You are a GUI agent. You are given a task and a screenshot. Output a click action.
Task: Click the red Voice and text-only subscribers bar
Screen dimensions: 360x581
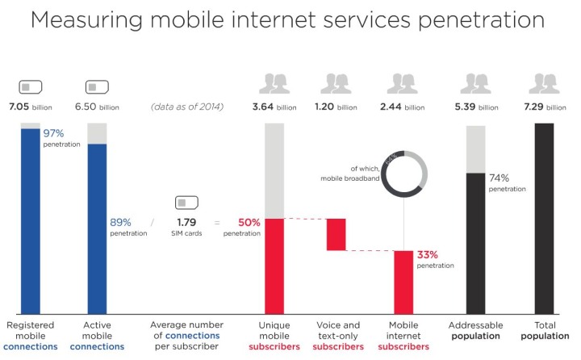coord(336,234)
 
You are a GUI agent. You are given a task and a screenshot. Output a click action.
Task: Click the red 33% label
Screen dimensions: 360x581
coord(428,254)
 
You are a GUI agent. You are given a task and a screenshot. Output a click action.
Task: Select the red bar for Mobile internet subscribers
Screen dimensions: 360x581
coord(403,282)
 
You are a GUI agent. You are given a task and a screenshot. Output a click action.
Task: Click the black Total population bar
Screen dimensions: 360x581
coord(544,218)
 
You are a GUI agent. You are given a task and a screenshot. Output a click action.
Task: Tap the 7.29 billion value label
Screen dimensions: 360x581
coord(545,107)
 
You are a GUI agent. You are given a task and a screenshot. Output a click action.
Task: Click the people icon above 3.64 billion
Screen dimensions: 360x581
coord(275,83)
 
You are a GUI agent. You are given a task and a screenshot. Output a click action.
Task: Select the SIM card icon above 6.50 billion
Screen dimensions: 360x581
coord(97,86)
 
